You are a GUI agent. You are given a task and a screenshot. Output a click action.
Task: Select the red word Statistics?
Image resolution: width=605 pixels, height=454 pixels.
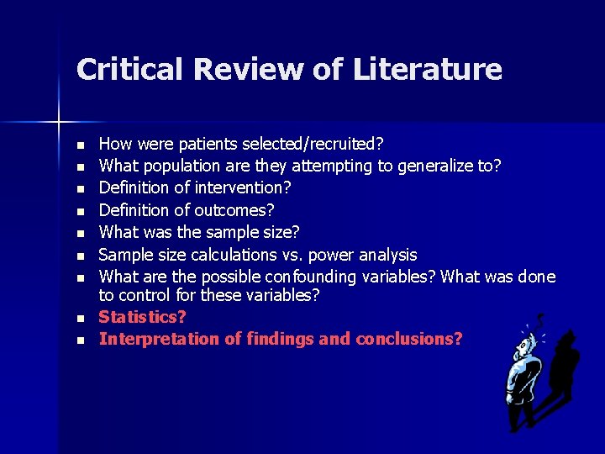142,318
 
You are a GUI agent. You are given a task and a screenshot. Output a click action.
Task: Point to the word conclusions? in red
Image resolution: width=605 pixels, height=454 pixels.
409,339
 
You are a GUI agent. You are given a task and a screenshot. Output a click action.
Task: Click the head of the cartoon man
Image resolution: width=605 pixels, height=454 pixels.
528,345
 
